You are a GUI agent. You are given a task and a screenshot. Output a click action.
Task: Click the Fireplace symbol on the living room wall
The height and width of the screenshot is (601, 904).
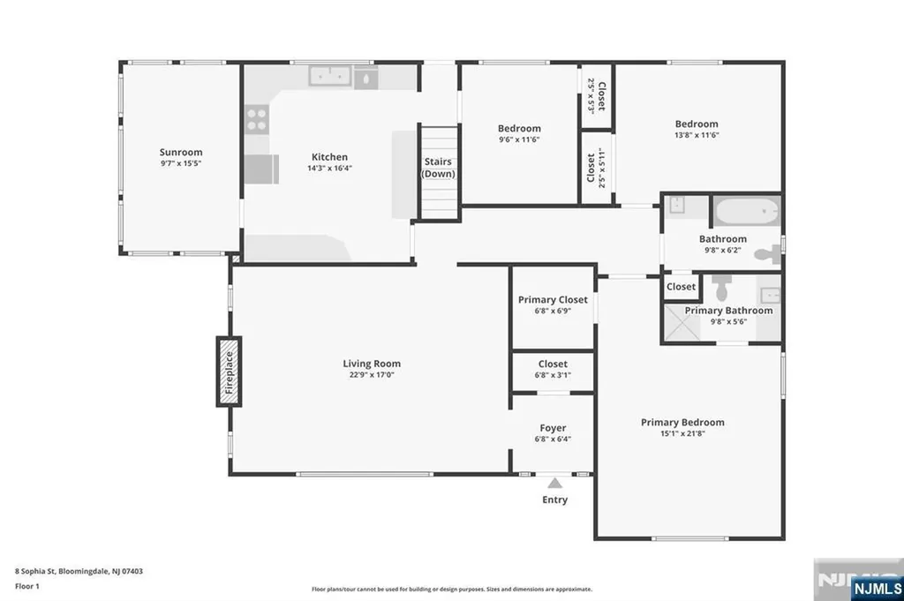pos(230,372)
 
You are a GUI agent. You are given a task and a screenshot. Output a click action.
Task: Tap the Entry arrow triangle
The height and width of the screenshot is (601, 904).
pos(554,483)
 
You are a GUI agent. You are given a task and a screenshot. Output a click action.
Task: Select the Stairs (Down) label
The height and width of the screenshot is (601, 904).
pos(439,168)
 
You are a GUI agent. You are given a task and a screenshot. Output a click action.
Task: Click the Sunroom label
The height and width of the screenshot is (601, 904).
pos(181,152)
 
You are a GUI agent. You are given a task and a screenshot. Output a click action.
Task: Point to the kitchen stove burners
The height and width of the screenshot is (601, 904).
pos(257,119)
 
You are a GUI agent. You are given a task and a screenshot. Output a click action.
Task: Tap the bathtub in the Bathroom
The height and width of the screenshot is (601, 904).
pos(746,213)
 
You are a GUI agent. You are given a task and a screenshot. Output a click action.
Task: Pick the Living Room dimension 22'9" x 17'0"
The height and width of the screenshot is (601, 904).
pos(372,375)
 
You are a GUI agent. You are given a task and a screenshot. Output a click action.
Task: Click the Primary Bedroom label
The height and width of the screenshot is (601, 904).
pos(682,422)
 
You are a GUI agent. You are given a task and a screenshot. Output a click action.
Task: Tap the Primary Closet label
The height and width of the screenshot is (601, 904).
pos(553,300)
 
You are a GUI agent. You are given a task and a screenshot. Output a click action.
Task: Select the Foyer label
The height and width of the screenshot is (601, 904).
pos(553,428)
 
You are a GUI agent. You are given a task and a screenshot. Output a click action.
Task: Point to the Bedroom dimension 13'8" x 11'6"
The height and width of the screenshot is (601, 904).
pos(697,135)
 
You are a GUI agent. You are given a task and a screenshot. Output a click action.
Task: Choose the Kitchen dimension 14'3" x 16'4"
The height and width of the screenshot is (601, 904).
pos(328,168)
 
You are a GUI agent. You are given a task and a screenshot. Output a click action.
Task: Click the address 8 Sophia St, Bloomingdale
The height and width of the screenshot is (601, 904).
pos(79,571)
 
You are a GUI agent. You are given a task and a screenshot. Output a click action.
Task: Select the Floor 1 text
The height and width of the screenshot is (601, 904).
pos(27,585)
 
